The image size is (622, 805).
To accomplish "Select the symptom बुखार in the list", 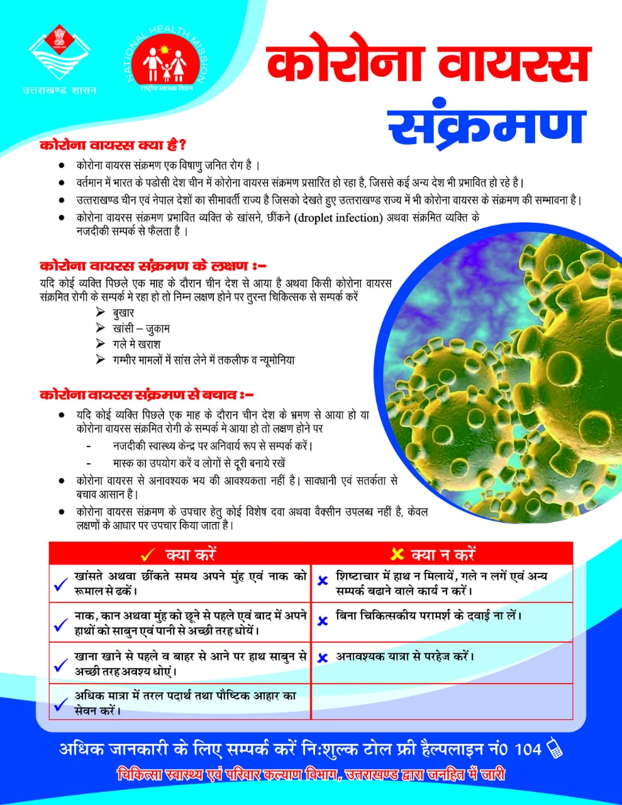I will coord(123,313).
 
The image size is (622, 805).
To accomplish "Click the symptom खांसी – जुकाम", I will coord(141,328).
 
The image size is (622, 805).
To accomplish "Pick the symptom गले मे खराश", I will coord(136,345).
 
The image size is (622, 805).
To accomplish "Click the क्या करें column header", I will coord(190,554).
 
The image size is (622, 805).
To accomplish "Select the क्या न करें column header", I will coord(443,554).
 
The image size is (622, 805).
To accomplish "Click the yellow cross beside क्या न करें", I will coord(397,554).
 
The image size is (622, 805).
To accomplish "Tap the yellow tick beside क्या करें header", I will coord(148,555).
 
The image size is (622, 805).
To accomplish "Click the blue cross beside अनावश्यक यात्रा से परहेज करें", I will coord(323,658).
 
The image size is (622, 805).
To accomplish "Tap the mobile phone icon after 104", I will coord(554,748).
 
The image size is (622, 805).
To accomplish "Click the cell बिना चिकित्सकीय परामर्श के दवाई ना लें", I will coord(428,616).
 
